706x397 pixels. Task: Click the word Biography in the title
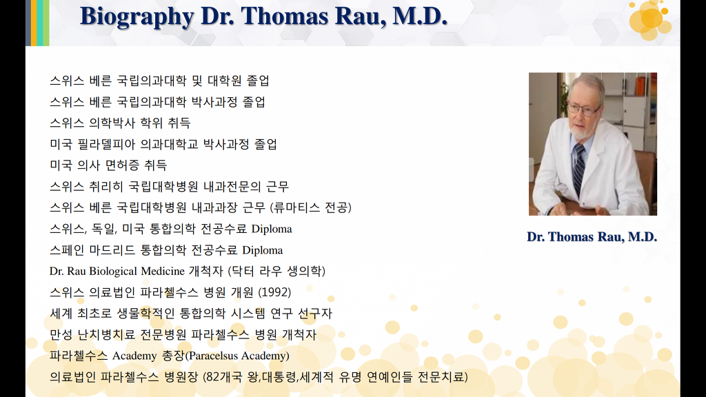[137, 17]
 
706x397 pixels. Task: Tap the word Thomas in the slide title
[285, 17]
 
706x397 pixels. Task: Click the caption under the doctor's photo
[592, 237]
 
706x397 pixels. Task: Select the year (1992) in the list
[274, 292]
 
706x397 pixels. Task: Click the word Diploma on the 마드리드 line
[263, 250]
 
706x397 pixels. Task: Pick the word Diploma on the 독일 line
[272, 229]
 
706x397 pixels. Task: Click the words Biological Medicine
[137, 272]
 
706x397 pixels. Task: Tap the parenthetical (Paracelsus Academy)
[237, 356]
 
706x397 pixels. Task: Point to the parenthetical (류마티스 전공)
[311, 207]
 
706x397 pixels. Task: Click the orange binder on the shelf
[641, 85]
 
